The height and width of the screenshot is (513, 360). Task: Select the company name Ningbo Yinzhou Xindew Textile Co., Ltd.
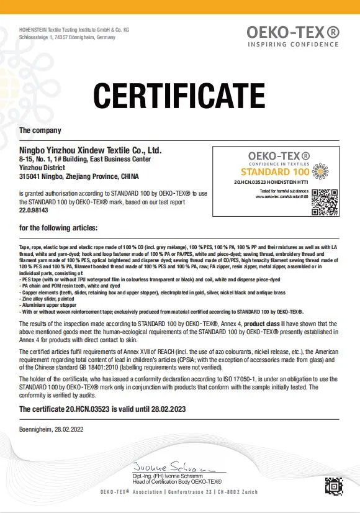click(x=91, y=150)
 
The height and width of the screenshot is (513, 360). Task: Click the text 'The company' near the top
click(x=40, y=130)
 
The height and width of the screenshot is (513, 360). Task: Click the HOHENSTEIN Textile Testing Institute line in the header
click(x=74, y=30)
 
